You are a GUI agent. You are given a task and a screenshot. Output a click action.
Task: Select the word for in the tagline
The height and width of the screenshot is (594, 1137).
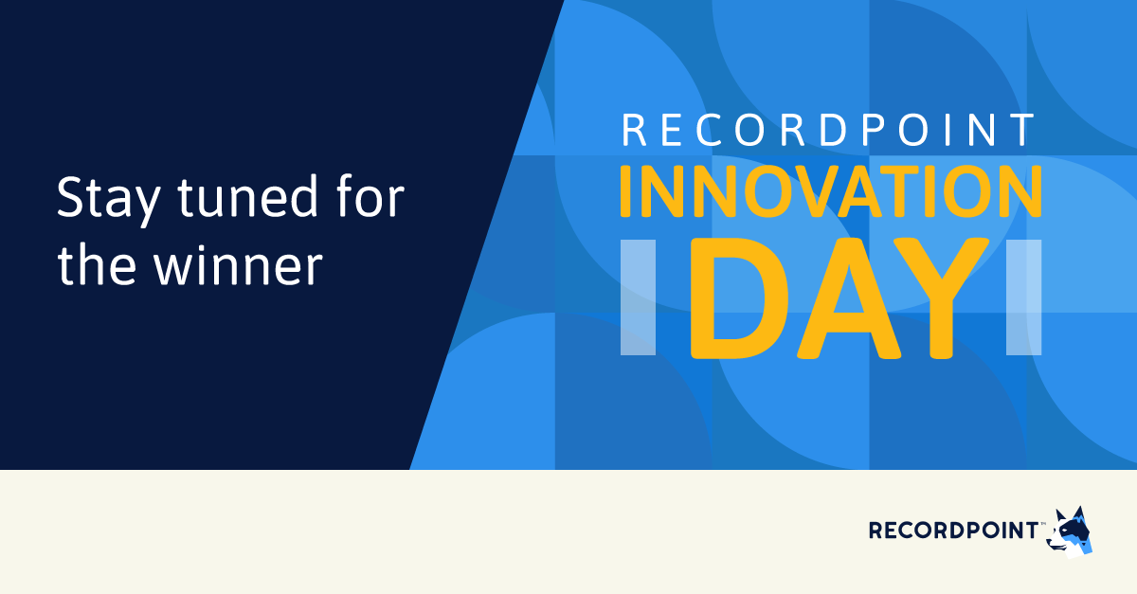pos(367,199)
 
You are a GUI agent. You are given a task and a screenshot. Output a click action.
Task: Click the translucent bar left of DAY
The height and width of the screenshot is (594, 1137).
pos(638,298)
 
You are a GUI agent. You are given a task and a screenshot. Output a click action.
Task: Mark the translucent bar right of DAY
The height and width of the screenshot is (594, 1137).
pos(1024,298)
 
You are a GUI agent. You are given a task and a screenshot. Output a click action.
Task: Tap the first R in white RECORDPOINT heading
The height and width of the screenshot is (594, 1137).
pos(633,131)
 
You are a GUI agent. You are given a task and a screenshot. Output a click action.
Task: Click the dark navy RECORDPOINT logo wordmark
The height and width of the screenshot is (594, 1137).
pos(952,530)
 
